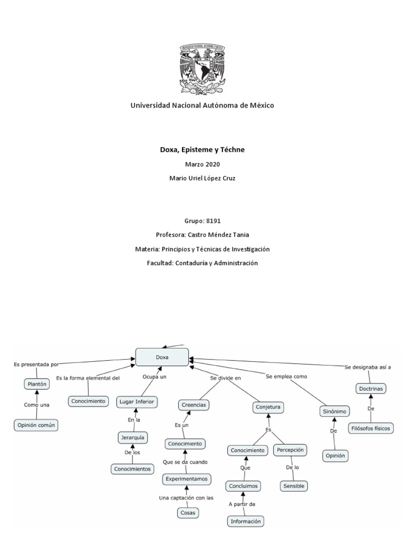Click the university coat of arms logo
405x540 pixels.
pos(202,66)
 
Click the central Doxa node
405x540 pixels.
pos(162,357)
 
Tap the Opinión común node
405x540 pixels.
pos(36,425)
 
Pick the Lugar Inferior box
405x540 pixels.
pos(137,402)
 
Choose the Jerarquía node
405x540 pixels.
pos(132,438)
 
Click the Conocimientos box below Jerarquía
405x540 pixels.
pos(132,468)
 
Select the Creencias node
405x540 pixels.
pos(192,404)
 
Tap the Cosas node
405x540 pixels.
pos(188,512)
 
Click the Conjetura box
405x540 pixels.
pos(268,407)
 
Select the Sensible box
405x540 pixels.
pos(293,486)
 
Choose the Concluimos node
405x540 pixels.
pos(243,486)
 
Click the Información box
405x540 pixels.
pos(245,522)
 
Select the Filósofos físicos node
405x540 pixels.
pos(370,428)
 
